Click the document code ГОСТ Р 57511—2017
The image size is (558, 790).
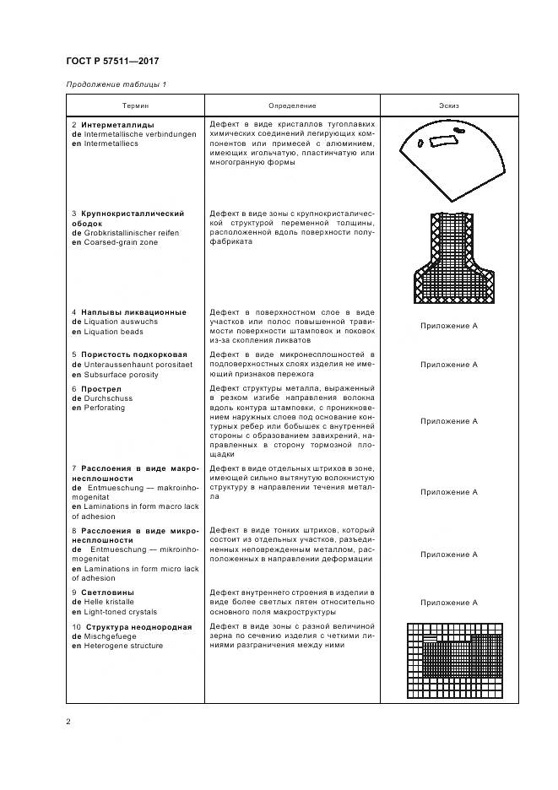(x=111, y=62)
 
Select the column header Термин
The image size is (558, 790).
(x=135, y=106)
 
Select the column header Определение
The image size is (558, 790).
(x=292, y=106)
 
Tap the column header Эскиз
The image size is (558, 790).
(x=449, y=106)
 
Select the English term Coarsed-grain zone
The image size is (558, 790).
(x=114, y=242)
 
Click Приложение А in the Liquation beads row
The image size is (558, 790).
(x=449, y=325)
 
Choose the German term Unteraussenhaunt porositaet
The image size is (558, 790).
(x=137, y=365)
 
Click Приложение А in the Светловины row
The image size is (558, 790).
(x=449, y=603)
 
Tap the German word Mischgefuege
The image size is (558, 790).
(x=111, y=636)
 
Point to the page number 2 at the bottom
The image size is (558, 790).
(x=68, y=721)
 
